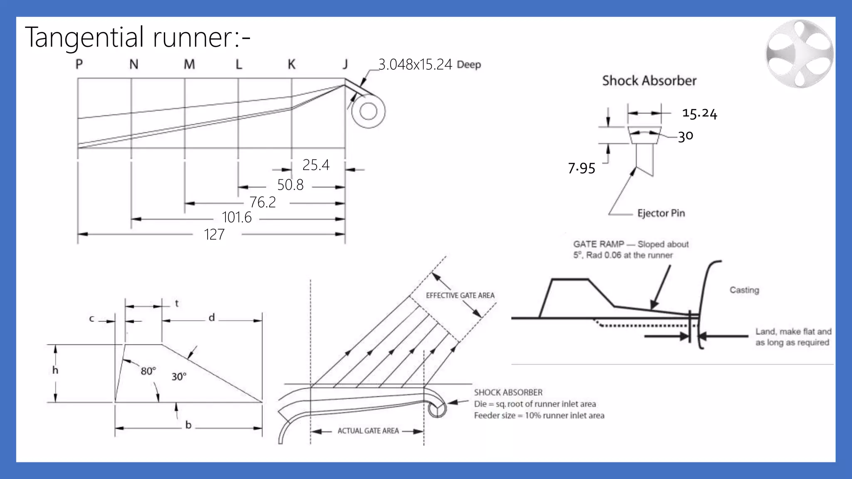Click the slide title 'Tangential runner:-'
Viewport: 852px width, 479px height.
click(137, 37)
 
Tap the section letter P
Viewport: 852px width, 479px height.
click(79, 64)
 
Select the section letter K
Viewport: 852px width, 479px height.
click(292, 64)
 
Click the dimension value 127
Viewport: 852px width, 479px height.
click(214, 235)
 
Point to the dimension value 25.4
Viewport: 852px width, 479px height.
click(316, 165)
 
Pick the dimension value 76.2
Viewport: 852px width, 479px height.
click(263, 202)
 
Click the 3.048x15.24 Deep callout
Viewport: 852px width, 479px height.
click(429, 64)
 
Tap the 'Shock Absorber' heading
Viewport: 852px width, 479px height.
click(649, 81)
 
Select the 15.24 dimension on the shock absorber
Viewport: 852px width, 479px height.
click(700, 113)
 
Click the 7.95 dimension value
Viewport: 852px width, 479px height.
click(582, 168)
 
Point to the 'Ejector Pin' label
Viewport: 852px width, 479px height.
click(661, 213)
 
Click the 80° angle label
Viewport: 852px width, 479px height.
click(148, 371)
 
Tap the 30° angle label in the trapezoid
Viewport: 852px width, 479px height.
click(179, 377)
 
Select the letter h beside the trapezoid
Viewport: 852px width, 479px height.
click(55, 370)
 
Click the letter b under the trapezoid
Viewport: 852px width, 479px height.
click(188, 425)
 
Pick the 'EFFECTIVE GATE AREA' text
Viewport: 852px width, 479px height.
click(460, 295)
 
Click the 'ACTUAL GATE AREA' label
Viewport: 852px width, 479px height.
click(368, 431)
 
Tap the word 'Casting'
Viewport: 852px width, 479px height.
click(744, 290)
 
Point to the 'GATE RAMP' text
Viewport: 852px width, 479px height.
click(599, 244)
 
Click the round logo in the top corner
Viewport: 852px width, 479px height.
click(799, 54)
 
